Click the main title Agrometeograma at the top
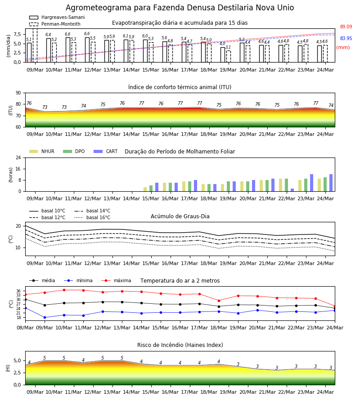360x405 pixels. click(x=180, y=8)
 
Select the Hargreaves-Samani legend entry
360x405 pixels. click(x=57, y=17)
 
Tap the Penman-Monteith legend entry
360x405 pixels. click(x=55, y=24)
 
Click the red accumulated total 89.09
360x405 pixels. click(x=346, y=27)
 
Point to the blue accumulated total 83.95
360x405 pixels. click(x=346, y=38)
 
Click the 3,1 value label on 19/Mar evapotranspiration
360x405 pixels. click(x=228, y=47)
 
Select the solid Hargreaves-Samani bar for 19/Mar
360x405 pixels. click(x=223, y=55)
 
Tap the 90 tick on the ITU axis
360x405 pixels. click(x=18, y=93)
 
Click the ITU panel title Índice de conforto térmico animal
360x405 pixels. click(x=180, y=87)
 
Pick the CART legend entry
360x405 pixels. click(x=106, y=151)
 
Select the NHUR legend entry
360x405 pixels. click(x=42, y=151)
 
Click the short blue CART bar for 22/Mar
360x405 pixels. click(x=292, y=190)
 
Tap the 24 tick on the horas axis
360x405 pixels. click(x=18, y=157)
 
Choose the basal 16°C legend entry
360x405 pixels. click(x=92, y=217)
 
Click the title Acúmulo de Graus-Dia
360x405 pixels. click(x=180, y=216)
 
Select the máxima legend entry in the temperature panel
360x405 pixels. click(x=116, y=280)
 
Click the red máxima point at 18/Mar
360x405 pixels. click(x=219, y=301)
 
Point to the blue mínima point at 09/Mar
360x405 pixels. click(x=45, y=317)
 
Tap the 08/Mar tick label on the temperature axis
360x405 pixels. click(x=25, y=328)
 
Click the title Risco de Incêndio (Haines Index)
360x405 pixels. click(x=180, y=345)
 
